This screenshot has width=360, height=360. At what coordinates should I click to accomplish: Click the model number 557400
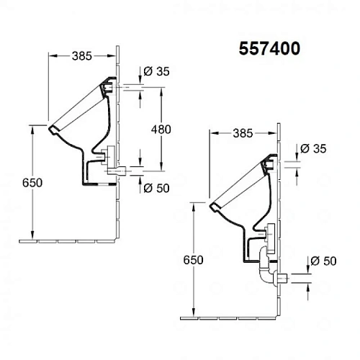[269, 48]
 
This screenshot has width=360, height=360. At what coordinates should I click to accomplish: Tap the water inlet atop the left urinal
[109, 86]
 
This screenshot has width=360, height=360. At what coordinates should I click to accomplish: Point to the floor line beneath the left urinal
[72, 238]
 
